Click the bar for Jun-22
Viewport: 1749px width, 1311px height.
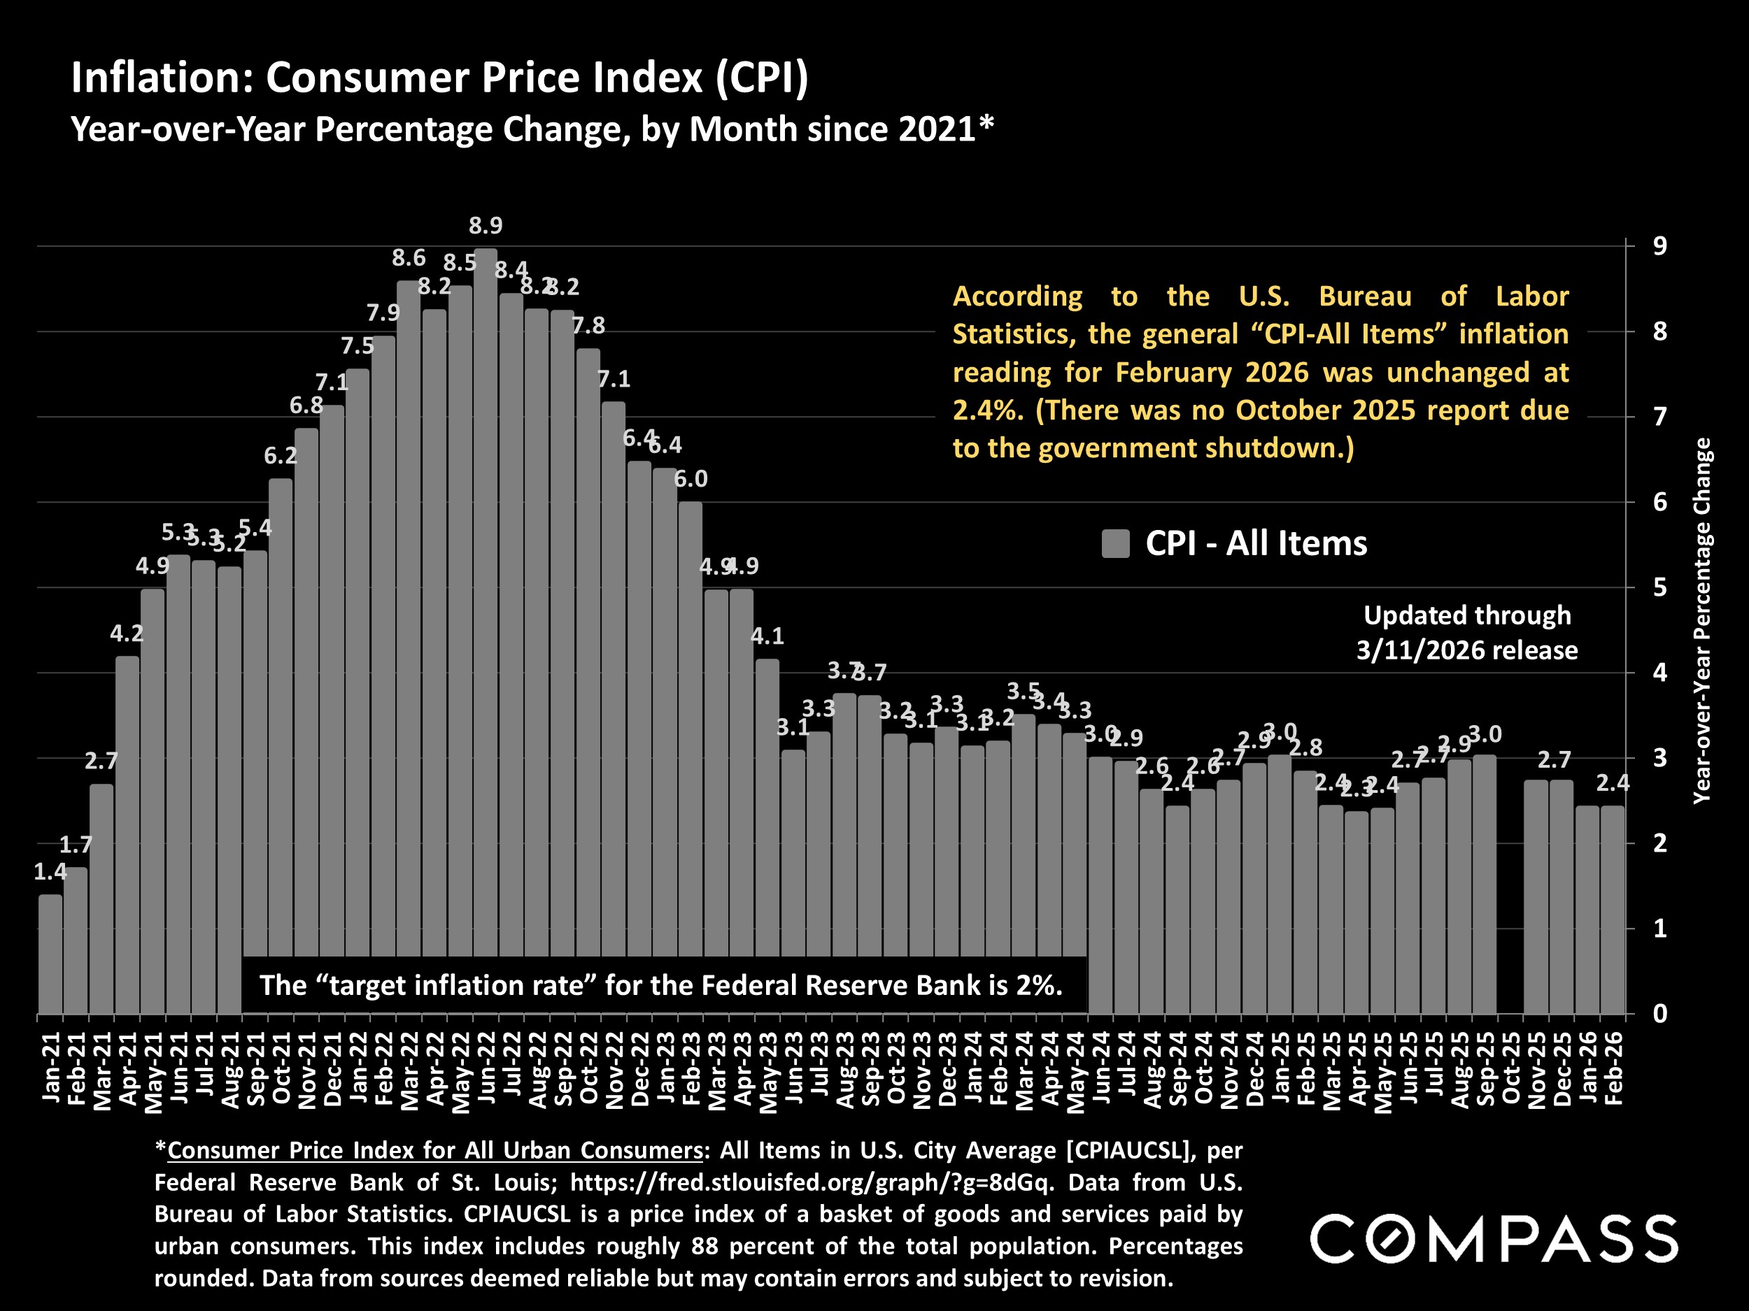coord(486,632)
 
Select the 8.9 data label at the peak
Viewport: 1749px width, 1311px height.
coord(486,226)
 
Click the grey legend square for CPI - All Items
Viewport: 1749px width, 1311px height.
coord(1115,545)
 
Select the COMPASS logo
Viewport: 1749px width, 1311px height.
coord(1494,1239)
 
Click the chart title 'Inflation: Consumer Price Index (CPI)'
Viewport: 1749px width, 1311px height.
coord(439,78)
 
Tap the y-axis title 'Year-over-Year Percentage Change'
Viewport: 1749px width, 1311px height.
coord(1701,621)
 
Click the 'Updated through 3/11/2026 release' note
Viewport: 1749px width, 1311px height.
coord(1467,633)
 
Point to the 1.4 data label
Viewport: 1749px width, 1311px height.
coord(50,873)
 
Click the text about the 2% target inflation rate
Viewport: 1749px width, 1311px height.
coord(661,985)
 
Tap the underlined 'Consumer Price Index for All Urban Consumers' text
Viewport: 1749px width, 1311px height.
coord(435,1151)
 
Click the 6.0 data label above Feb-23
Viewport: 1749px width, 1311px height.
coord(691,479)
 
